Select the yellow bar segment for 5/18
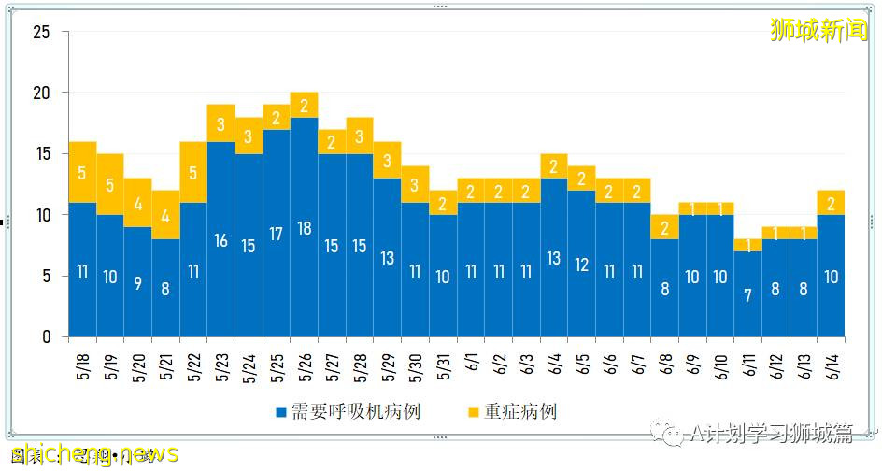[x=82, y=172]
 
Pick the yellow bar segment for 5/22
[x=193, y=172]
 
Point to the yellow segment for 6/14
[x=831, y=203]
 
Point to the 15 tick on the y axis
[x=41, y=154]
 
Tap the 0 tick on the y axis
[x=46, y=337]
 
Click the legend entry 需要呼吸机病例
[x=348, y=412]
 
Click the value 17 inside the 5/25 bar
[x=277, y=235]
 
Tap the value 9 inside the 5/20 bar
[x=137, y=283]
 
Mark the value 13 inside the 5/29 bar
[x=387, y=259]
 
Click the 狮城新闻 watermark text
[x=818, y=30]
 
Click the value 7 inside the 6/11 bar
[x=747, y=295]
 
